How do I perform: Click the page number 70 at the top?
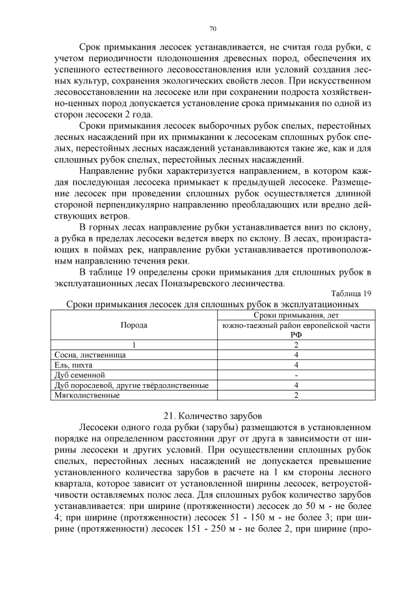pos(213,29)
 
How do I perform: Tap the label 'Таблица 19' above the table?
pos(351,293)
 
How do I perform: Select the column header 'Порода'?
pos(134,325)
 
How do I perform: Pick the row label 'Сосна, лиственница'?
pos(92,355)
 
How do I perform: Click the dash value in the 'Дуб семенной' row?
pos(296,375)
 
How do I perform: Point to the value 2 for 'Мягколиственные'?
pos(296,394)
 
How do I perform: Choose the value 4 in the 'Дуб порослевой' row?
pos(296,385)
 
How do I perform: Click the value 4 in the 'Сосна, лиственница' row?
pos(296,355)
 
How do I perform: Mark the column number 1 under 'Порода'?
pos(134,345)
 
